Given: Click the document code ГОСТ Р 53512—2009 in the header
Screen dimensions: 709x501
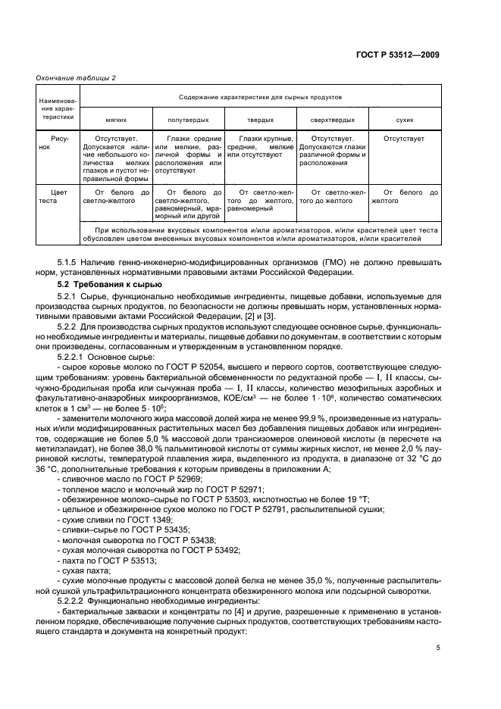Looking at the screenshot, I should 398,55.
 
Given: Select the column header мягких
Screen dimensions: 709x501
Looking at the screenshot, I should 114,120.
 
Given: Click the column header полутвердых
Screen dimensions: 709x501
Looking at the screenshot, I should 187,120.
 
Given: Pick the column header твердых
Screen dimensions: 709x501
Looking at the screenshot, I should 260,120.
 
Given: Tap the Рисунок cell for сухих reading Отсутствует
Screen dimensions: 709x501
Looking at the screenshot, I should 404,139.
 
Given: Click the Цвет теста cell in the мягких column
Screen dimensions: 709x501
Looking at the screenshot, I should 114,198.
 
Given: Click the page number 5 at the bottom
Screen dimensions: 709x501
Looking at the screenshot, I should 438,648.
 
